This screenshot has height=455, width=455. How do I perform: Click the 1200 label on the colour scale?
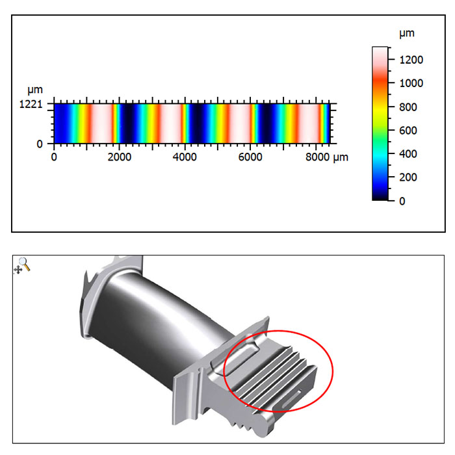411,60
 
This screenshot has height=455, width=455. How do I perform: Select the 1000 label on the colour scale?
411,83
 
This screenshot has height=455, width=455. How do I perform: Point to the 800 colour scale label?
408,107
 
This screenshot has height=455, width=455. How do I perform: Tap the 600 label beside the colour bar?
408,130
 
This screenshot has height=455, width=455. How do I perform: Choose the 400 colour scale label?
408,153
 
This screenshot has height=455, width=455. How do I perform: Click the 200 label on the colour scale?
408,177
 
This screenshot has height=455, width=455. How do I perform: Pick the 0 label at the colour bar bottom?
402,201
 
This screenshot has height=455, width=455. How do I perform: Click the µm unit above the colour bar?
407,32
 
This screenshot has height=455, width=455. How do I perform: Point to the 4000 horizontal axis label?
185,157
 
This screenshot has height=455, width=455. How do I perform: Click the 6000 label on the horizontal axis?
251,157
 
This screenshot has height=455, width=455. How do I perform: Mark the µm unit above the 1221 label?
34,90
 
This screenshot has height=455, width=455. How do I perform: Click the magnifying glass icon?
24,264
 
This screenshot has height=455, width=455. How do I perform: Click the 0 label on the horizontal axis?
54,157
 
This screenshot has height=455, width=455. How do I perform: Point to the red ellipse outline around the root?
332,370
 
